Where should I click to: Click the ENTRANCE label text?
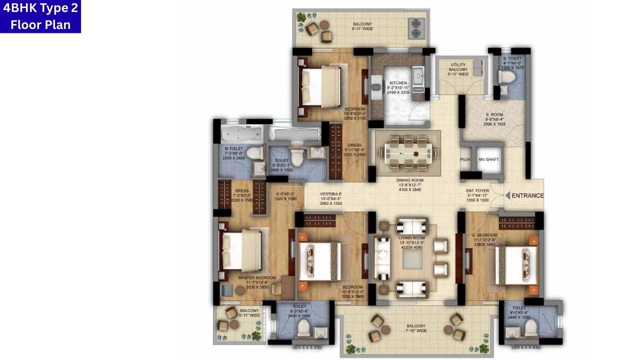pos(527,195)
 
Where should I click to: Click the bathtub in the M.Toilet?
pos(241,134)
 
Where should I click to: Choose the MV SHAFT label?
pos(488,159)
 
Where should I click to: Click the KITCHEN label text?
pos(398,83)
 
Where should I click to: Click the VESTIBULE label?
pos(330,194)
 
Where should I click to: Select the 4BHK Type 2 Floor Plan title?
pos(40,16)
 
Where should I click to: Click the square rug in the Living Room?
pos(412,259)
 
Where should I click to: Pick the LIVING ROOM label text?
pos(412,238)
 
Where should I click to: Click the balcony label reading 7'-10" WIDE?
pos(416,328)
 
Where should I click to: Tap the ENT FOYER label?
pos(477,190)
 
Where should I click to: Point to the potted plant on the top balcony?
pos(301,17)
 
